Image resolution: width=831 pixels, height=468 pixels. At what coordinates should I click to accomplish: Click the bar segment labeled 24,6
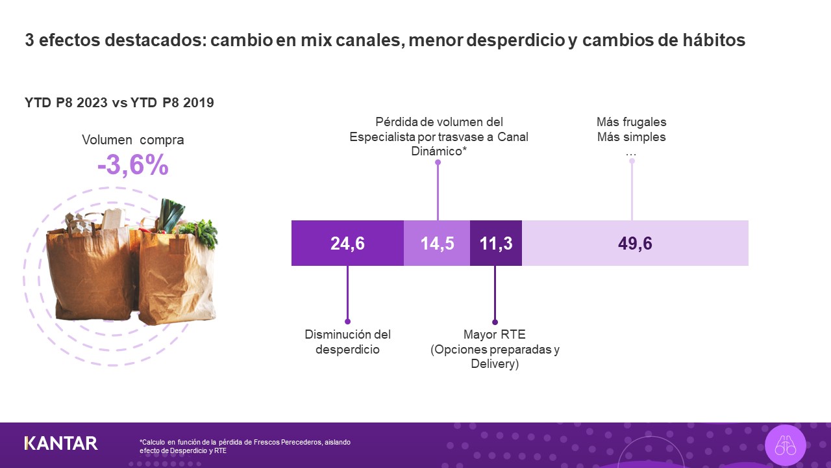click(x=347, y=243)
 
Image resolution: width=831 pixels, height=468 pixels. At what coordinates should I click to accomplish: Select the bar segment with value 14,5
click(x=437, y=243)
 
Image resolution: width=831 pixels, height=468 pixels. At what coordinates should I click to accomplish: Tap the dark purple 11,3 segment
click(x=496, y=243)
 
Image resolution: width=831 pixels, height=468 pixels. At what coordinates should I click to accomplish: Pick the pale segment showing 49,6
click(x=635, y=243)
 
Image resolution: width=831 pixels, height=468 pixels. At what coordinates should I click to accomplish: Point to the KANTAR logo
click(x=61, y=443)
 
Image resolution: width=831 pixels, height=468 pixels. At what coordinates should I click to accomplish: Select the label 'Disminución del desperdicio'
click(x=347, y=342)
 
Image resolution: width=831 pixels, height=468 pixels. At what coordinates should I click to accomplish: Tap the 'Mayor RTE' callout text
click(x=495, y=335)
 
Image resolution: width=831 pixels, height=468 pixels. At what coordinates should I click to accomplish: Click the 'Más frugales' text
click(x=631, y=122)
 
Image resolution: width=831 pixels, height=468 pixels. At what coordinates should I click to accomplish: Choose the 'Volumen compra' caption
click(x=133, y=140)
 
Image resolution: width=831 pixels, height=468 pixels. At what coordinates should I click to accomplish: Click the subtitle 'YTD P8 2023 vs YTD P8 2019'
click(x=119, y=103)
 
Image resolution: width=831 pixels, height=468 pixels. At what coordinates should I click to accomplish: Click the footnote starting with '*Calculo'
click(x=245, y=446)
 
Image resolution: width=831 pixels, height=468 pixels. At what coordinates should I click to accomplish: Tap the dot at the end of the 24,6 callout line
click(x=347, y=322)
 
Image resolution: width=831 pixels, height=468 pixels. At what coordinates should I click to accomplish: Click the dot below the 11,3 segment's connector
click(x=495, y=322)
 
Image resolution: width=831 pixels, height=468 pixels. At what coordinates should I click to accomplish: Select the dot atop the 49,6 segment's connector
click(x=632, y=161)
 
